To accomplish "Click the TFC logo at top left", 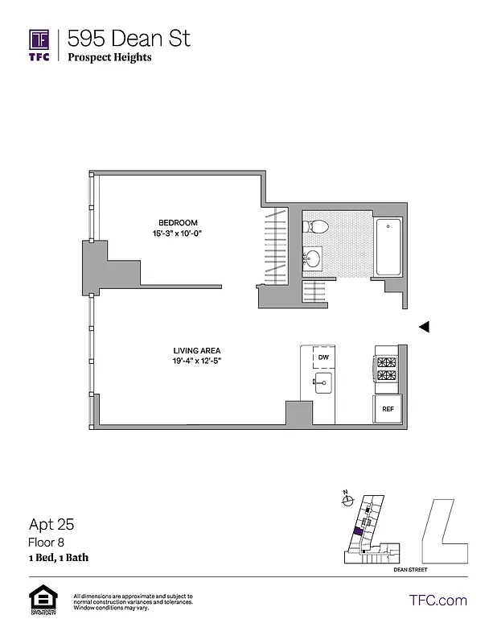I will coord(39,44).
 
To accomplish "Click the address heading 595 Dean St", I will coord(129,38).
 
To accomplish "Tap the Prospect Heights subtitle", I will coord(109,57).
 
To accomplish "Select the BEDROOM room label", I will coord(178,223).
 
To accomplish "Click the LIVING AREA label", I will coord(196,350).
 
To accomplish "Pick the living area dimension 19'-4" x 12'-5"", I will coord(196,361).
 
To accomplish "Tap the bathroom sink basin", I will coord(313,258).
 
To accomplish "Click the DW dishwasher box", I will coord(323,357).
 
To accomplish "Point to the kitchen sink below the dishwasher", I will coord(323,382).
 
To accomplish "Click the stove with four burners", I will coord(386,369).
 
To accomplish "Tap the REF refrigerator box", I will coord(387,409).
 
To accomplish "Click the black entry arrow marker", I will coord(425,327).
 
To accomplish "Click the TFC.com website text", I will coord(437,600).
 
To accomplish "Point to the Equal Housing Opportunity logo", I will coord(41,601).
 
